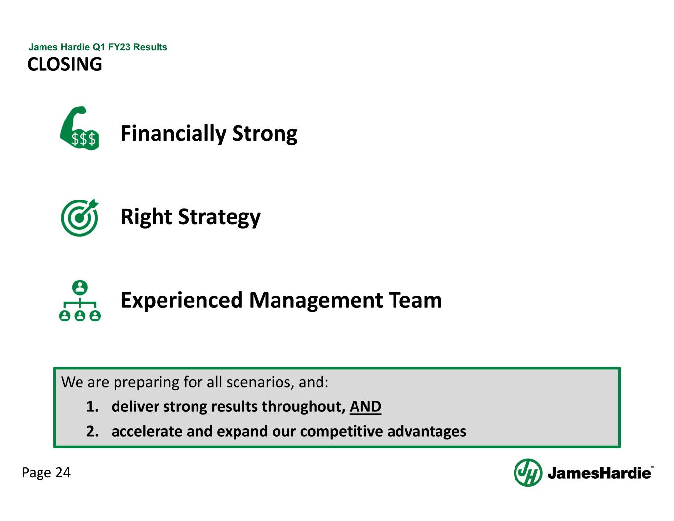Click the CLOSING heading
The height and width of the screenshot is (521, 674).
65,64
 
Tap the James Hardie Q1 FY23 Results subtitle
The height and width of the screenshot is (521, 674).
98,47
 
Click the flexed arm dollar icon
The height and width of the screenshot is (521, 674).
79,128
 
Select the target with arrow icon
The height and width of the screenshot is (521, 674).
79,217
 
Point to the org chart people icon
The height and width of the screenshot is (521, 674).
79,301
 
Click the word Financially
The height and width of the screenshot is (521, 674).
173,134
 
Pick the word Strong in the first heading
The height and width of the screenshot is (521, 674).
265,134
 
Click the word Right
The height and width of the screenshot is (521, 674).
146,217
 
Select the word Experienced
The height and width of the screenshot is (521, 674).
182,300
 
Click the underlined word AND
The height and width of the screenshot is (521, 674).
365,406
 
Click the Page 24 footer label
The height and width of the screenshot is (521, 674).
46,473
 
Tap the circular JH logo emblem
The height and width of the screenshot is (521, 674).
528,473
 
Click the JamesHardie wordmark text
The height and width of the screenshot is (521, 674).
599,473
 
